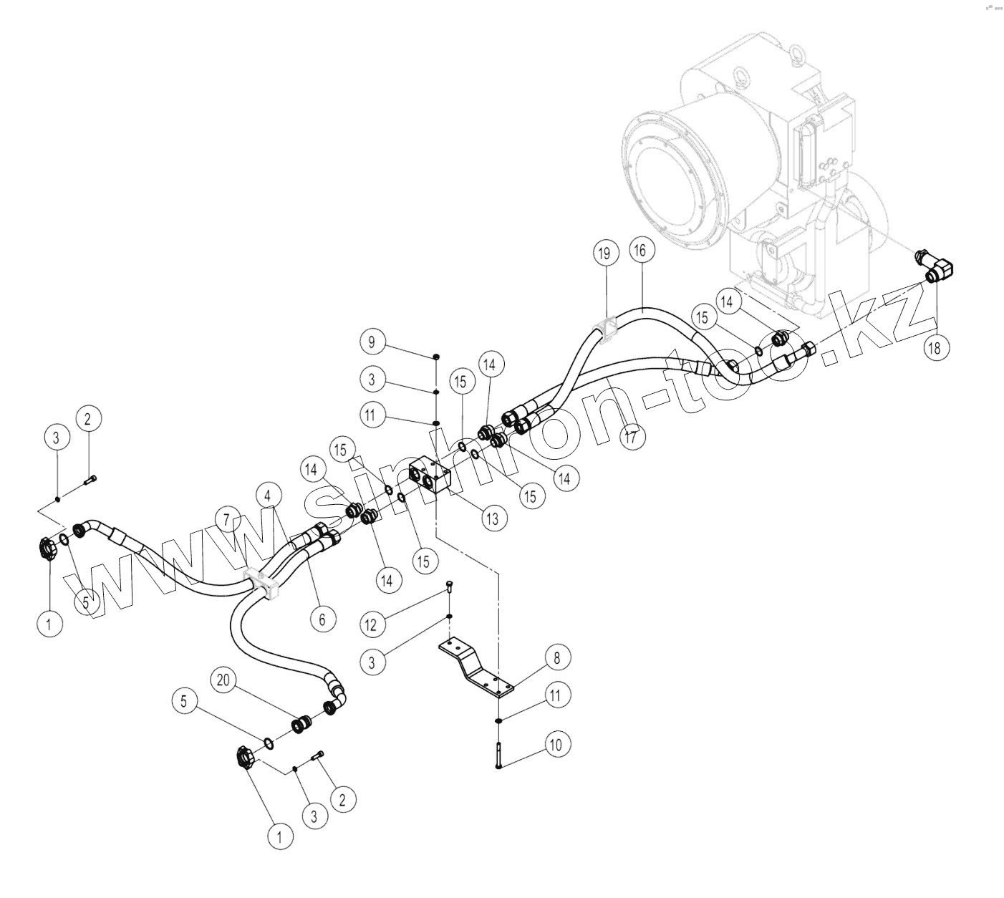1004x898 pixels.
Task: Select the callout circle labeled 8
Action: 556,657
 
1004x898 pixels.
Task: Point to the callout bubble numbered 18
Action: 934,349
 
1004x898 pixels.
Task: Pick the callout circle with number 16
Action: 639,250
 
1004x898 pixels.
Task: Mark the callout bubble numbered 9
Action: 372,342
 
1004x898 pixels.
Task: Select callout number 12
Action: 371,624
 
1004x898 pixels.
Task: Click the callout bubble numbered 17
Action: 631,438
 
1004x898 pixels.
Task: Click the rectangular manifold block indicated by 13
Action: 430,478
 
